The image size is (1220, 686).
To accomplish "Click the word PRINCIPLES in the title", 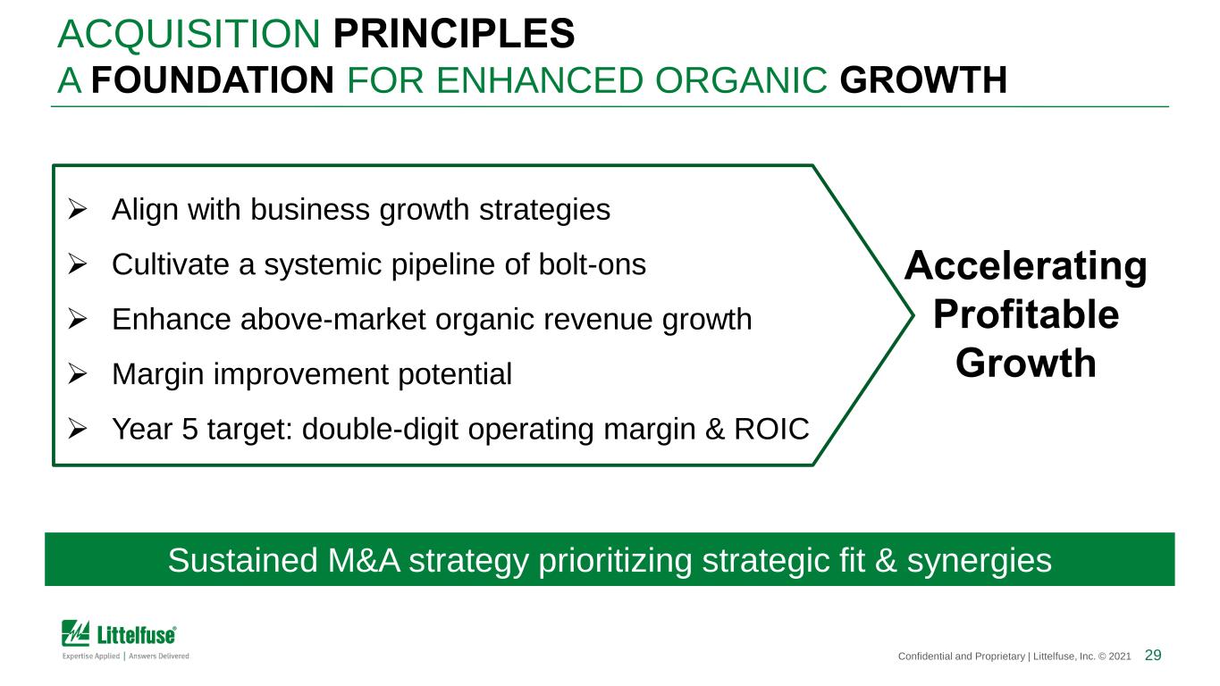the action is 454,34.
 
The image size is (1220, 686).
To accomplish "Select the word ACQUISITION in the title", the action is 189,34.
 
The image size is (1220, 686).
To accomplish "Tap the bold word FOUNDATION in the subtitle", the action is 213,80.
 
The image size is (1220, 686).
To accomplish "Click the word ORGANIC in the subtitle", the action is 741,80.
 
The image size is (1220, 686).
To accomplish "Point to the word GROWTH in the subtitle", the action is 923,80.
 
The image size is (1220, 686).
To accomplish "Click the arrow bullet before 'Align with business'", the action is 78,210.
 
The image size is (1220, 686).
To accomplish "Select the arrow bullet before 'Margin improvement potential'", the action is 78,374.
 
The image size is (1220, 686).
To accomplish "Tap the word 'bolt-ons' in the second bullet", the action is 592,264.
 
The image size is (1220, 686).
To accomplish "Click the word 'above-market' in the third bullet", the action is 332,319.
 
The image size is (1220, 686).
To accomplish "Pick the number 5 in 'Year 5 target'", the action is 189,429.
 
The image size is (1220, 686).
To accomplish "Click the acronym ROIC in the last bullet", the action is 771,429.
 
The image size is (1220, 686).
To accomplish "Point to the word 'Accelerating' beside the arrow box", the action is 1025,267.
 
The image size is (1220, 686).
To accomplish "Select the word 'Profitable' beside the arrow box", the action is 1026,314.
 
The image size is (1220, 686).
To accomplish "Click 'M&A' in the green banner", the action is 364,560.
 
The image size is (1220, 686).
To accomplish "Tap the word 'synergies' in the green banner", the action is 980,561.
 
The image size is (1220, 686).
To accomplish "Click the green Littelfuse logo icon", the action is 75,633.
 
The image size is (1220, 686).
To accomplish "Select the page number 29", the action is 1153,655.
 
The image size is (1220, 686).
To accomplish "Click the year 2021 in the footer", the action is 1120,657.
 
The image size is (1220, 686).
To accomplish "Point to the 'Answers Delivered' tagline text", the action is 159,656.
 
